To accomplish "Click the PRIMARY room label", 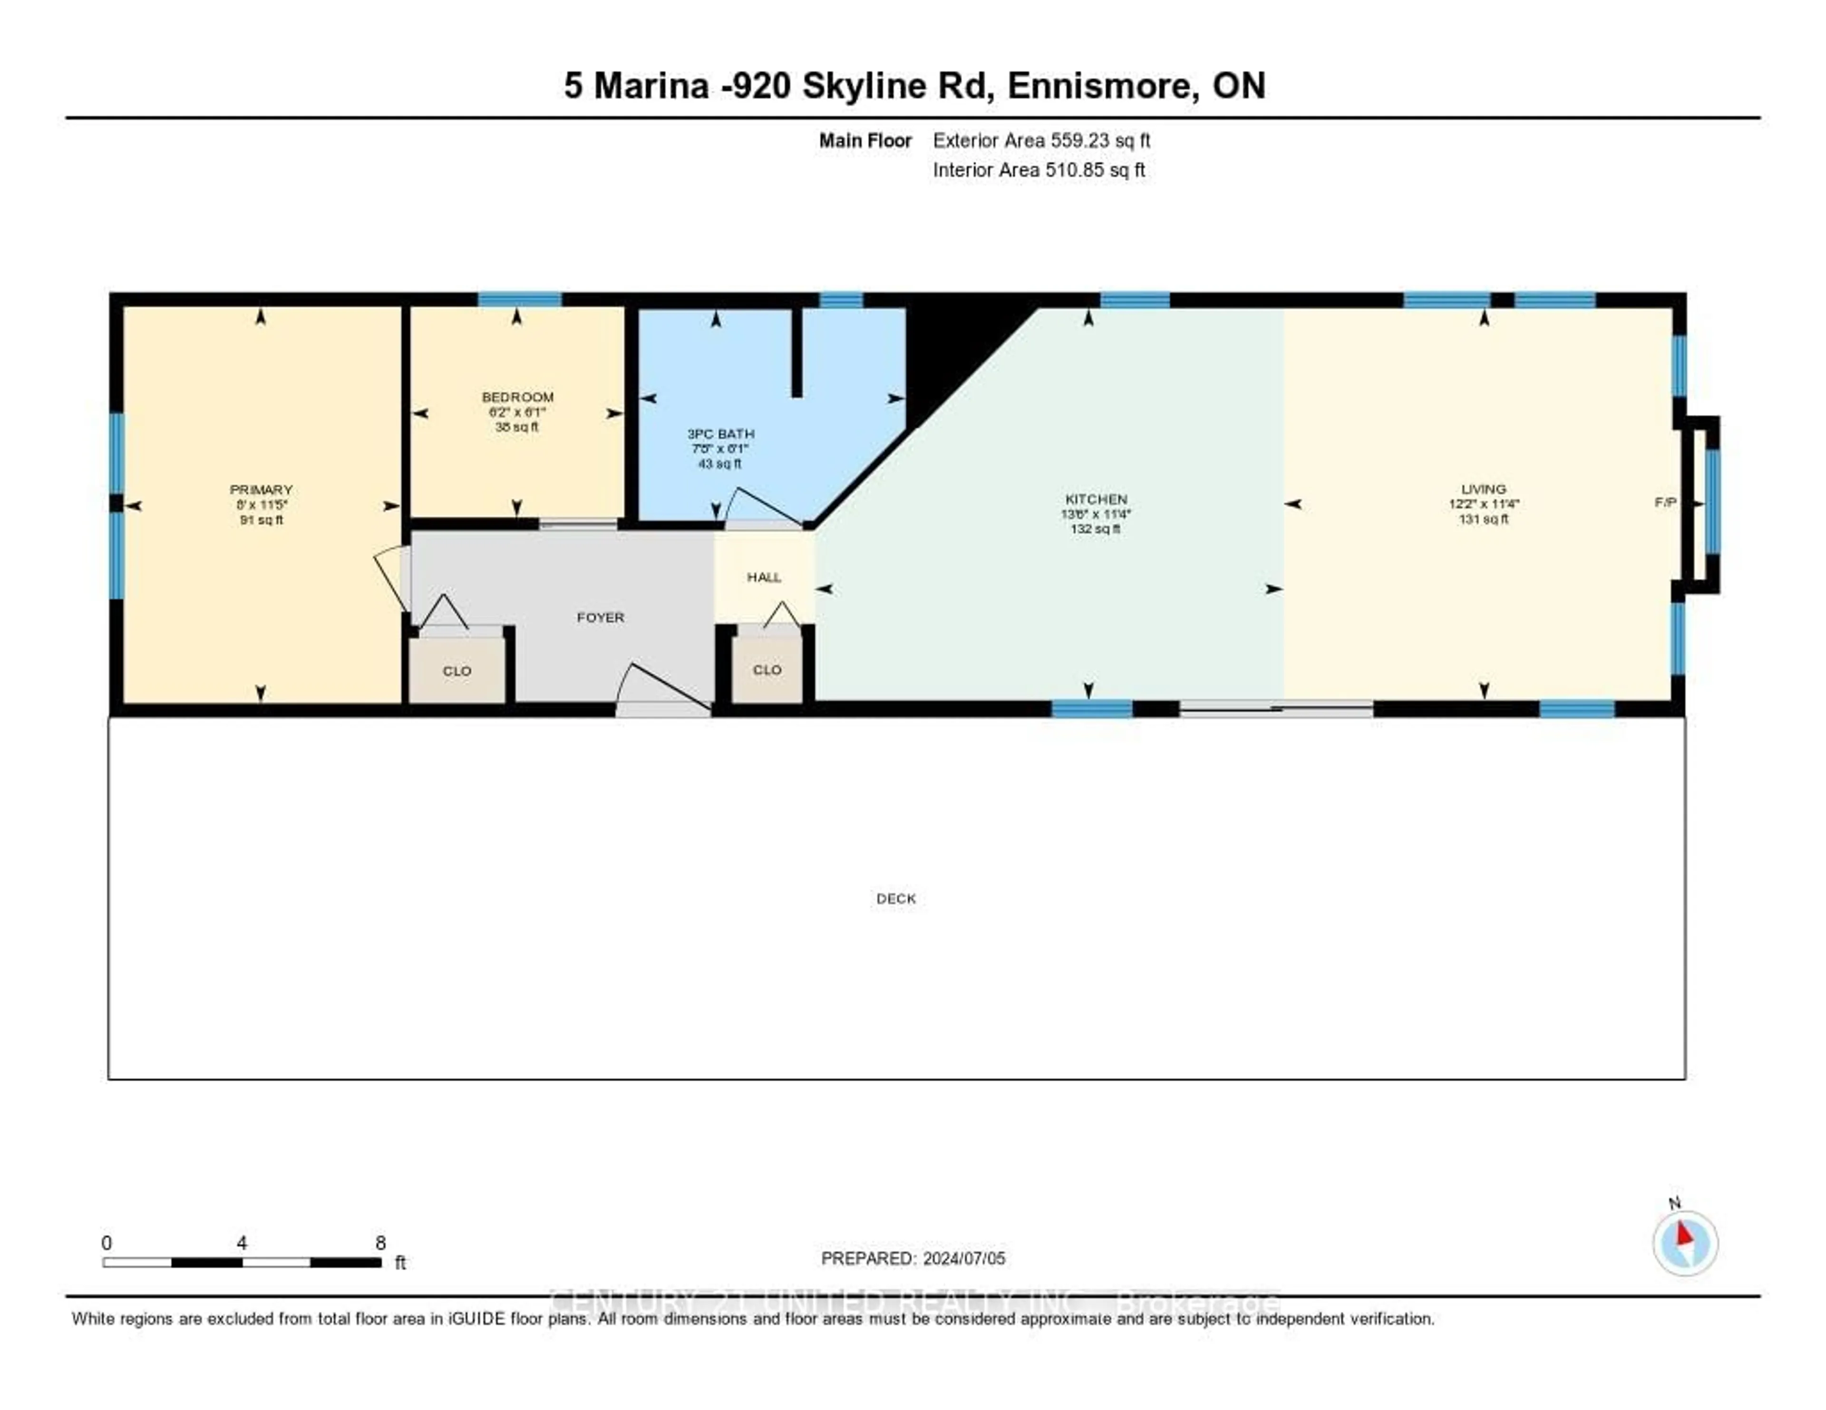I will pos(261,490).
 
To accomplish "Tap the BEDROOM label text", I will pos(517,397).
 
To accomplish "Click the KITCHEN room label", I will pos(1095,499).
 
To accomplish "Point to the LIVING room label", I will pos(1483,489).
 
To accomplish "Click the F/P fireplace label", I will pos(1665,502).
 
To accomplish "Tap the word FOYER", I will pos(600,618).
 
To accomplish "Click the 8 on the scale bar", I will pos(380,1243).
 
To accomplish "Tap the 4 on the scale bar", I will pos(242,1243).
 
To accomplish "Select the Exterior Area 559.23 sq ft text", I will pos(1041,140).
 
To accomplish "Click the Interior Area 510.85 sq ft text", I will pos(1039,171).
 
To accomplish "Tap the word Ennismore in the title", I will pos(1098,86).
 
